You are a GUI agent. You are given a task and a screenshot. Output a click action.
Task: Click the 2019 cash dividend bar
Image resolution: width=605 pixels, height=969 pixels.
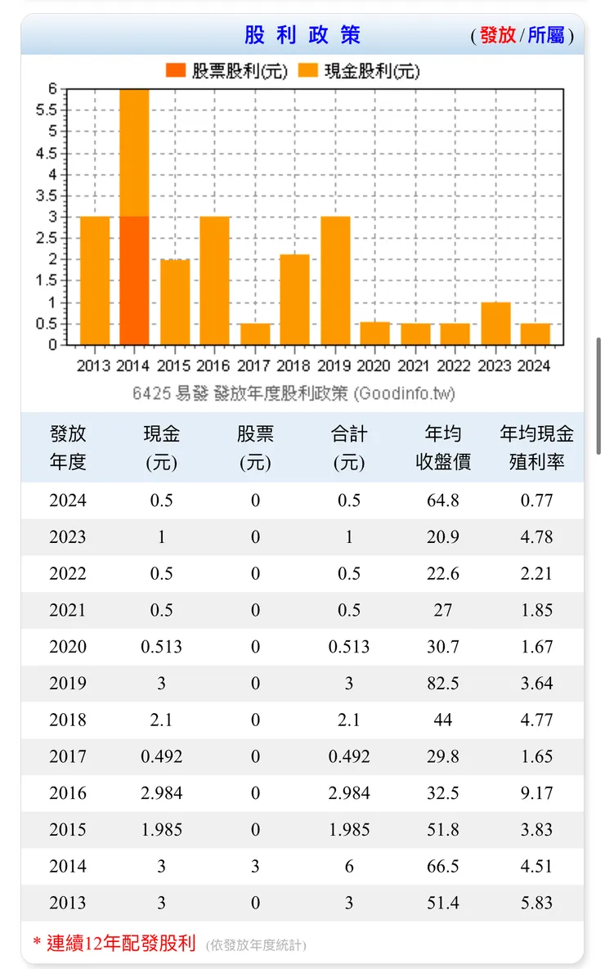click(335, 280)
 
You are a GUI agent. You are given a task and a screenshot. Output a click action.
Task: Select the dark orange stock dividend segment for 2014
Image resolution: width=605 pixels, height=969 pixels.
click(134, 280)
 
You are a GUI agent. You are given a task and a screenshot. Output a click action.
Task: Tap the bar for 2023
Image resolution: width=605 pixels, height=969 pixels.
click(495, 324)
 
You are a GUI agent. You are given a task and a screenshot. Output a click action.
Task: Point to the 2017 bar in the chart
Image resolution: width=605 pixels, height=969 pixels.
click(255, 334)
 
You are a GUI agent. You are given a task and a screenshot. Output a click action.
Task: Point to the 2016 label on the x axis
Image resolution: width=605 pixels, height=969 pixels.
click(214, 366)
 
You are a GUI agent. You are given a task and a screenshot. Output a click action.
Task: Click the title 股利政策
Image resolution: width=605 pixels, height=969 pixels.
click(302, 35)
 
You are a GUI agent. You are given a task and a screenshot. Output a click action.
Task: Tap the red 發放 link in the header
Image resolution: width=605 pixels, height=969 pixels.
click(497, 35)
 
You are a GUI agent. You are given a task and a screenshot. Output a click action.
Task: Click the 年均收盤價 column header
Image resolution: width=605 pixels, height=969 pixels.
click(442, 447)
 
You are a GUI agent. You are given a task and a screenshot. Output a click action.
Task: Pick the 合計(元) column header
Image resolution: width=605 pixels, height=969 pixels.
click(349, 447)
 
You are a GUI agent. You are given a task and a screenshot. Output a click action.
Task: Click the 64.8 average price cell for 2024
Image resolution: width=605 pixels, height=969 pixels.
click(442, 500)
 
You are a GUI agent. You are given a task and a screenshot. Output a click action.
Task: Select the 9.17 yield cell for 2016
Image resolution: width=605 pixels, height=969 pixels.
click(536, 793)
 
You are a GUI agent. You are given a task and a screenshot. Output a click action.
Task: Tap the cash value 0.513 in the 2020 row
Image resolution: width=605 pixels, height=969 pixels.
click(161, 647)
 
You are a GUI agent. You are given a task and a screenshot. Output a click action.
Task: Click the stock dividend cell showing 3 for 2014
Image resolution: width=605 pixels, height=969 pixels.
click(255, 867)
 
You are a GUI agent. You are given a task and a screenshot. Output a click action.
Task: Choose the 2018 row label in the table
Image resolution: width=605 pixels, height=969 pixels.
click(67, 720)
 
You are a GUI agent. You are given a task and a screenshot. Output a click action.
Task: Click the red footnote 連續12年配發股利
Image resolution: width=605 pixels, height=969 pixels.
click(120, 944)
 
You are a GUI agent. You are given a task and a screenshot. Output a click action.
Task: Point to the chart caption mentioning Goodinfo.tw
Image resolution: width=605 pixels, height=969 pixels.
click(294, 393)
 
